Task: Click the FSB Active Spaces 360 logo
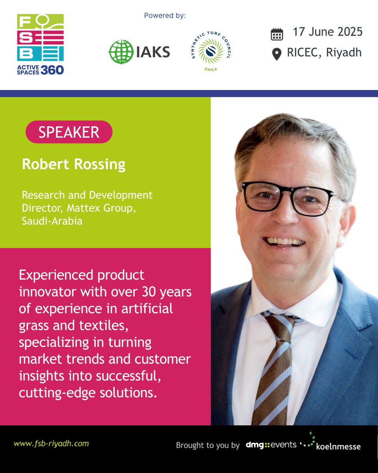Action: (40, 45)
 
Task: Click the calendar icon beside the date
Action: (277, 34)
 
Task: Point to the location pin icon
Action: (277, 54)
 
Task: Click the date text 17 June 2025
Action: (327, 32)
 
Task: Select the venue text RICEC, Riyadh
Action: (324, 52)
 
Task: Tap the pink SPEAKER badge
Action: (69, 132)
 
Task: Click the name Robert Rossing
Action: (74, 164)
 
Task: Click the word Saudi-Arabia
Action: (52, 221)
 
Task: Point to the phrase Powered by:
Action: (165, 16)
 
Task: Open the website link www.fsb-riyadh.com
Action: (51, 443)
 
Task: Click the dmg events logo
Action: (271, 445)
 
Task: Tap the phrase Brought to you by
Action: (208, 445)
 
